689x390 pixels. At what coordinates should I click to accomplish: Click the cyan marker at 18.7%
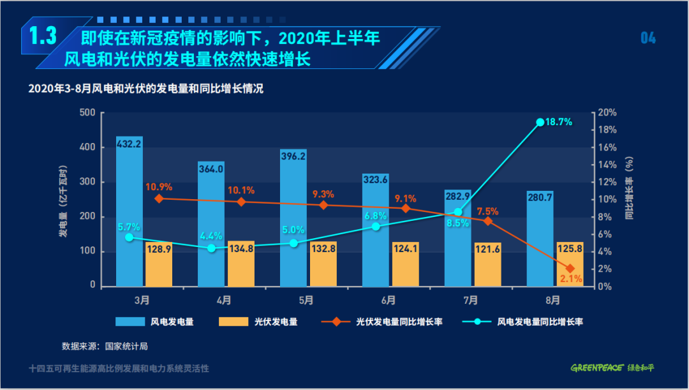pos(540,122)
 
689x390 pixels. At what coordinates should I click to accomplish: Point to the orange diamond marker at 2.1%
pos(570,269)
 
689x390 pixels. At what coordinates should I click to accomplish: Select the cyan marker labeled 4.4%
pos(212,248)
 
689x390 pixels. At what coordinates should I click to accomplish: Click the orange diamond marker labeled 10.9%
pos(159,199)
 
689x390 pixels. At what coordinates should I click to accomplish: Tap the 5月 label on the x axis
pos(306,299)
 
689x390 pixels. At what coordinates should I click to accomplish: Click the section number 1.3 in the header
pos(40,36)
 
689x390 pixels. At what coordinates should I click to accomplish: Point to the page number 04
pos(648,38)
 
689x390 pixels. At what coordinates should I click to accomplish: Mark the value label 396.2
pos(293,156)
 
